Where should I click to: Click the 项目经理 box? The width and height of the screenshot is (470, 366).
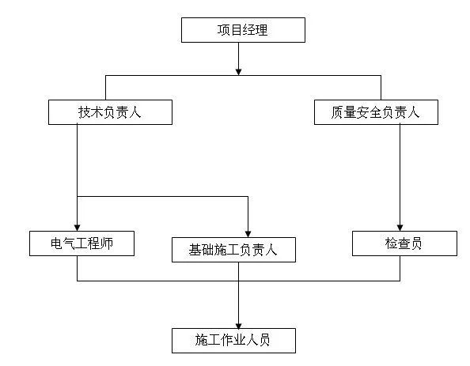pos(243,30)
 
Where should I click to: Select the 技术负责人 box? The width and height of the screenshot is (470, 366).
pos(110,112)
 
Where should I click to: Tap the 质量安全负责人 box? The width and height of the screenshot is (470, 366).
pos(376,112)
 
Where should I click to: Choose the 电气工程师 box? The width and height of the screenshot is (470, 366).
pos(81,243)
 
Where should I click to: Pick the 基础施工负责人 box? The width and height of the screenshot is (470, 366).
pos(233,250)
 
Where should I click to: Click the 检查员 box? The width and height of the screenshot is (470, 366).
pos(404,243)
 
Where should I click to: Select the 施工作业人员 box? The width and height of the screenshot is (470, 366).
pos(233,341)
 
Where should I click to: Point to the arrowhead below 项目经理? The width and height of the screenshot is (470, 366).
pos(238,72)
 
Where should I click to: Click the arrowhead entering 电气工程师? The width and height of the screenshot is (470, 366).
pos(77,228)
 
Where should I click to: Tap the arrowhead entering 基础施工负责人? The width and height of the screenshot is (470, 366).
pos(248,234)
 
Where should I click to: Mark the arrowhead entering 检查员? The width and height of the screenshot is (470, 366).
pos(400,228)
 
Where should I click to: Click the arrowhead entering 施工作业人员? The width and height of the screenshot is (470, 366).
pos(238,325)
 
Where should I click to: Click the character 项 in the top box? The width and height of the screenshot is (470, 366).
pos(224,30)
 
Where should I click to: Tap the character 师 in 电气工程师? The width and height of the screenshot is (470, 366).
pos(107,243)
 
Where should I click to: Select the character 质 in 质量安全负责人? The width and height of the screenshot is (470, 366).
pos(337,112)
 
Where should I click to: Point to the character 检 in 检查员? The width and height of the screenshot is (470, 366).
pos(392,243)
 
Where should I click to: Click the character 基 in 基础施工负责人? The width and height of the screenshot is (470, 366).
pos(195,250)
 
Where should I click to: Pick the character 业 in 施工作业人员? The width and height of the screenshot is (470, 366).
pos(240,340)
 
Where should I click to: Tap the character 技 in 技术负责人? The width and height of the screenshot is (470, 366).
pos(85,112)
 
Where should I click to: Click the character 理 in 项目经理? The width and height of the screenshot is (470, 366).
pos(261,30)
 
